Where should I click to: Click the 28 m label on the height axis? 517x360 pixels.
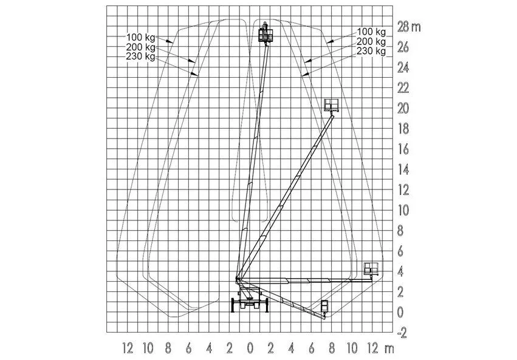click(x=409, y=27)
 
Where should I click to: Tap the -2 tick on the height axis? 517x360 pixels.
click(x=402, y=333)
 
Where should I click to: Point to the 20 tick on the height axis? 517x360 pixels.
click(x=403, y=108)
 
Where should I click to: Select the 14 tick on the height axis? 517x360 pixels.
click(x=403, y=169)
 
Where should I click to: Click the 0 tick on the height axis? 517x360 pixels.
click(x=400, y=313)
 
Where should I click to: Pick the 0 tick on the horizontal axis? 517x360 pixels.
click(x=250, y=348)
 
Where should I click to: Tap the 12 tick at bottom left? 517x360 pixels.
click(x=128, y=348)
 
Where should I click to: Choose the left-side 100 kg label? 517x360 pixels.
click(x=140, y=38)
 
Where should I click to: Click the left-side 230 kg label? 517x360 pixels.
click(x=140, y=56)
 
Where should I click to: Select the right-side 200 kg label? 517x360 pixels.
click(x=371, y=41)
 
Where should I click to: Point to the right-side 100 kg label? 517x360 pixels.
click(x=371, y=32)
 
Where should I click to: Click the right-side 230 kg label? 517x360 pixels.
click(x=371, y=51)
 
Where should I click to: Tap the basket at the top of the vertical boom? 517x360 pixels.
click(x=265, y=33)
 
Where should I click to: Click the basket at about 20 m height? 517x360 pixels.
click(x=331, y=105)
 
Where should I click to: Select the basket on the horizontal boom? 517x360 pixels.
click(x=372, y=269)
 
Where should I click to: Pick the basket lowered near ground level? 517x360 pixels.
click(x=325, y=307)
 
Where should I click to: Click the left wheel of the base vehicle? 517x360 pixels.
click(x=233, y=305)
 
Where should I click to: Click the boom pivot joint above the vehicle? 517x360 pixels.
click(x=238, y=280)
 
